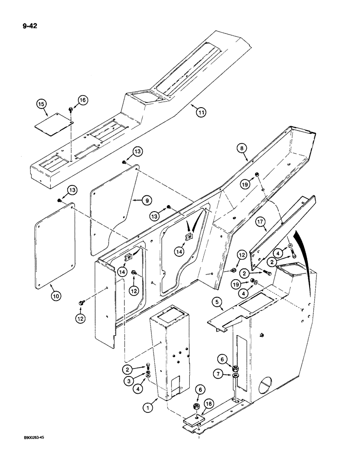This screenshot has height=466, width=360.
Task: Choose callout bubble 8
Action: (242, 150)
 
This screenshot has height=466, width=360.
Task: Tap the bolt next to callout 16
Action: (69, 110)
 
